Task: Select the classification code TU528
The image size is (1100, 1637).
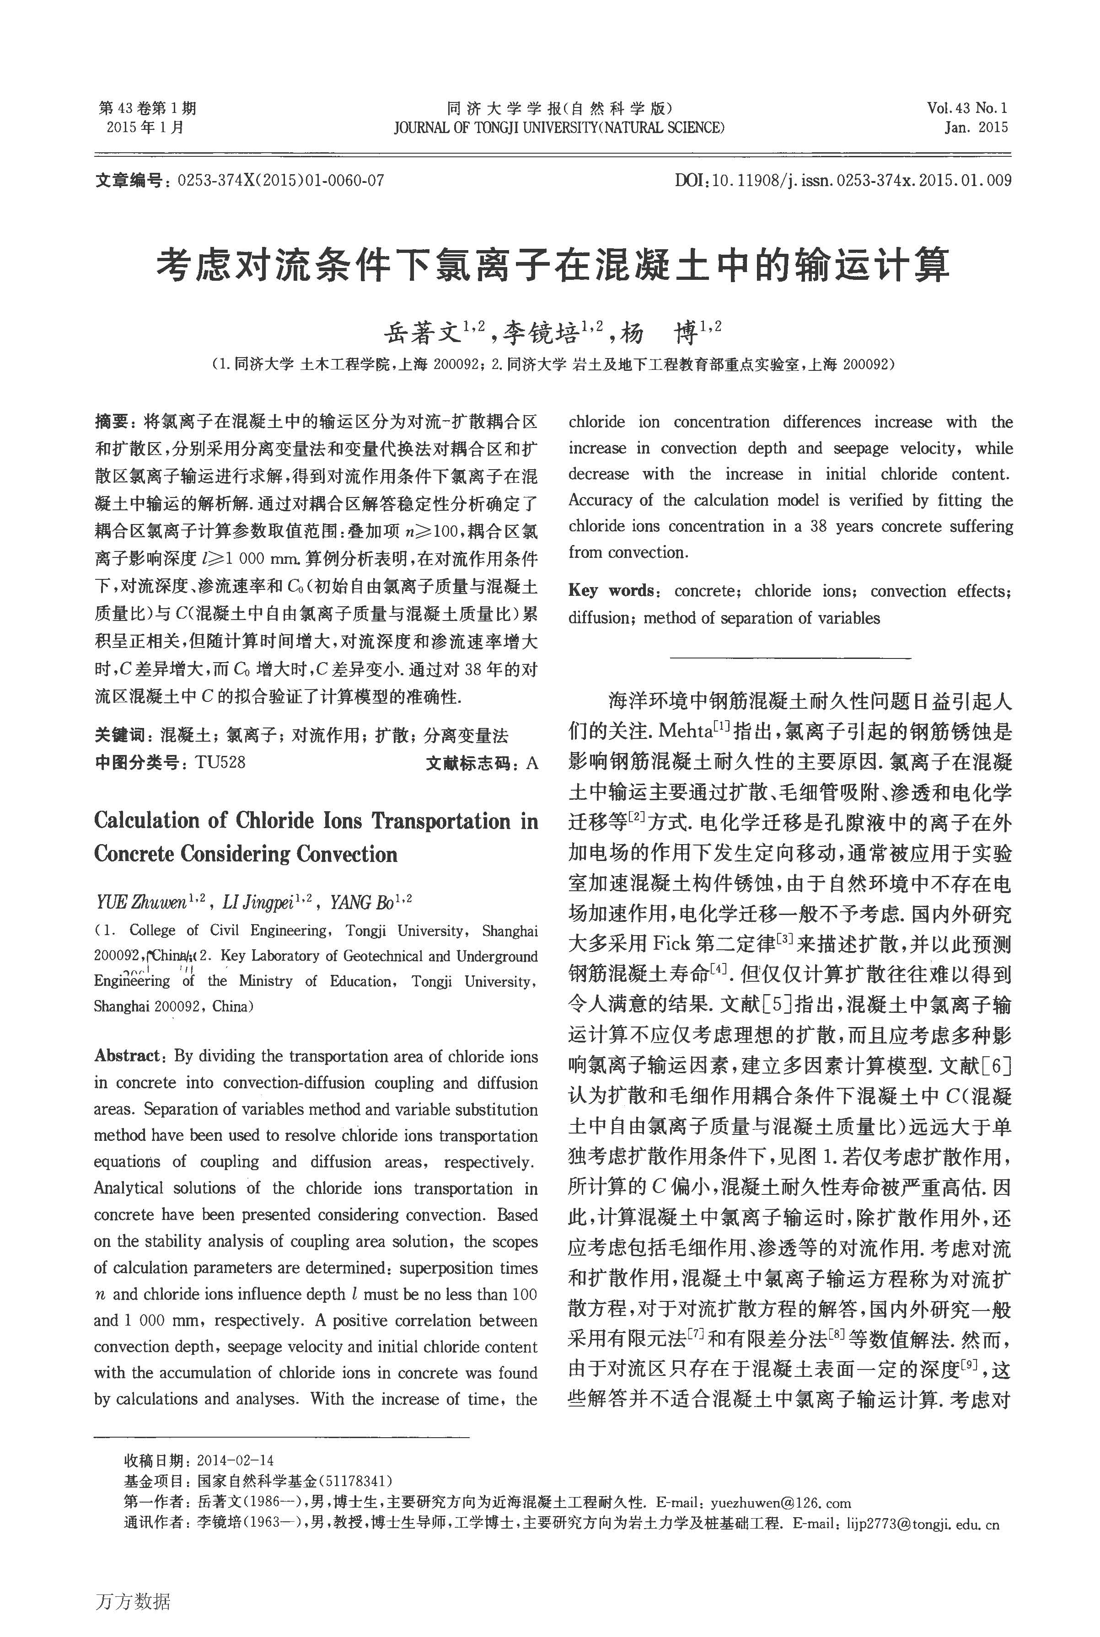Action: (x=220, y=762)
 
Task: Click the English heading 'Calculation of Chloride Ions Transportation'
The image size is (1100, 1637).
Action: (x=316, y=821)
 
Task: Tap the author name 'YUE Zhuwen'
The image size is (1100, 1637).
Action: (x=140, y=903)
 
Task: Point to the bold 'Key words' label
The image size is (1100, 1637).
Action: (x=610, y=590)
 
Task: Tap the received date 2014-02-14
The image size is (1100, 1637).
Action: (x=235, y=1461)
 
